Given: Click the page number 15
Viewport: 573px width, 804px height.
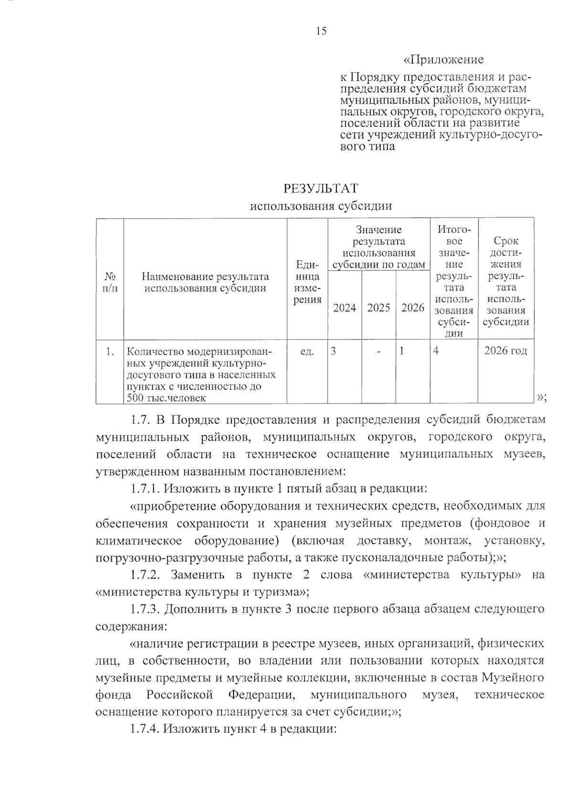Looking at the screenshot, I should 321,32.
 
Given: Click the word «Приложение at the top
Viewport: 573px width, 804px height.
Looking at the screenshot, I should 444,60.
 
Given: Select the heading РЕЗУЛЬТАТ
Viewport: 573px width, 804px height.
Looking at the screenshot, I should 321,188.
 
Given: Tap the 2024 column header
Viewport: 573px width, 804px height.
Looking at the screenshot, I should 344,308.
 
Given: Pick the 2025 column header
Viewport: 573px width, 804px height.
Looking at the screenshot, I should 379,308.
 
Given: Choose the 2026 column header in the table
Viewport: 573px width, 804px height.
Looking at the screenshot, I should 413,308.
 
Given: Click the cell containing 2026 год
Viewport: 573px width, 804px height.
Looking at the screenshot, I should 506,351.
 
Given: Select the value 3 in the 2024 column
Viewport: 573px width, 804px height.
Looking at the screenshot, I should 333,351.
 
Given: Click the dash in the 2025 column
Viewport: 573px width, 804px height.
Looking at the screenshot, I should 379,352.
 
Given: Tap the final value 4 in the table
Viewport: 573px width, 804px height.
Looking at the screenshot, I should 436,351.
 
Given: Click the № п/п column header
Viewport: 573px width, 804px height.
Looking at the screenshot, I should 110,282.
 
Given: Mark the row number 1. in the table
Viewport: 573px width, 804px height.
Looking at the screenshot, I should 110,352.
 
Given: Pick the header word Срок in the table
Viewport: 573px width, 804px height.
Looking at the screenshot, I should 506,241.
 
